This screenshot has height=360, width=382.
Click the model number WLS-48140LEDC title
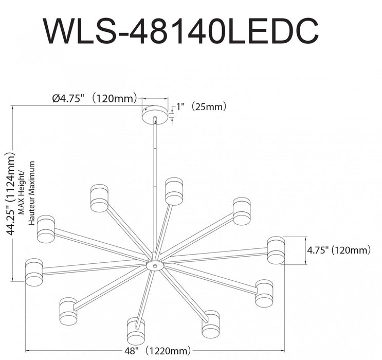(180, 32)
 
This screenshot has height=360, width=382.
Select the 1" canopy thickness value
(180, 107)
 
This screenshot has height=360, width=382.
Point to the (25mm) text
(208, 107)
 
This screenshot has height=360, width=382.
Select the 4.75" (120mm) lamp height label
(338, 250)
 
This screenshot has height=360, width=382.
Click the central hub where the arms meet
(154, 265)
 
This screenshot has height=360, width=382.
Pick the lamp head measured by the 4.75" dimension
(275, 250)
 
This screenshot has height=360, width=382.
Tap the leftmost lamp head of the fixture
(34, 271)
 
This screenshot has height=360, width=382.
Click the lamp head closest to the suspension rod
(174, 191)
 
